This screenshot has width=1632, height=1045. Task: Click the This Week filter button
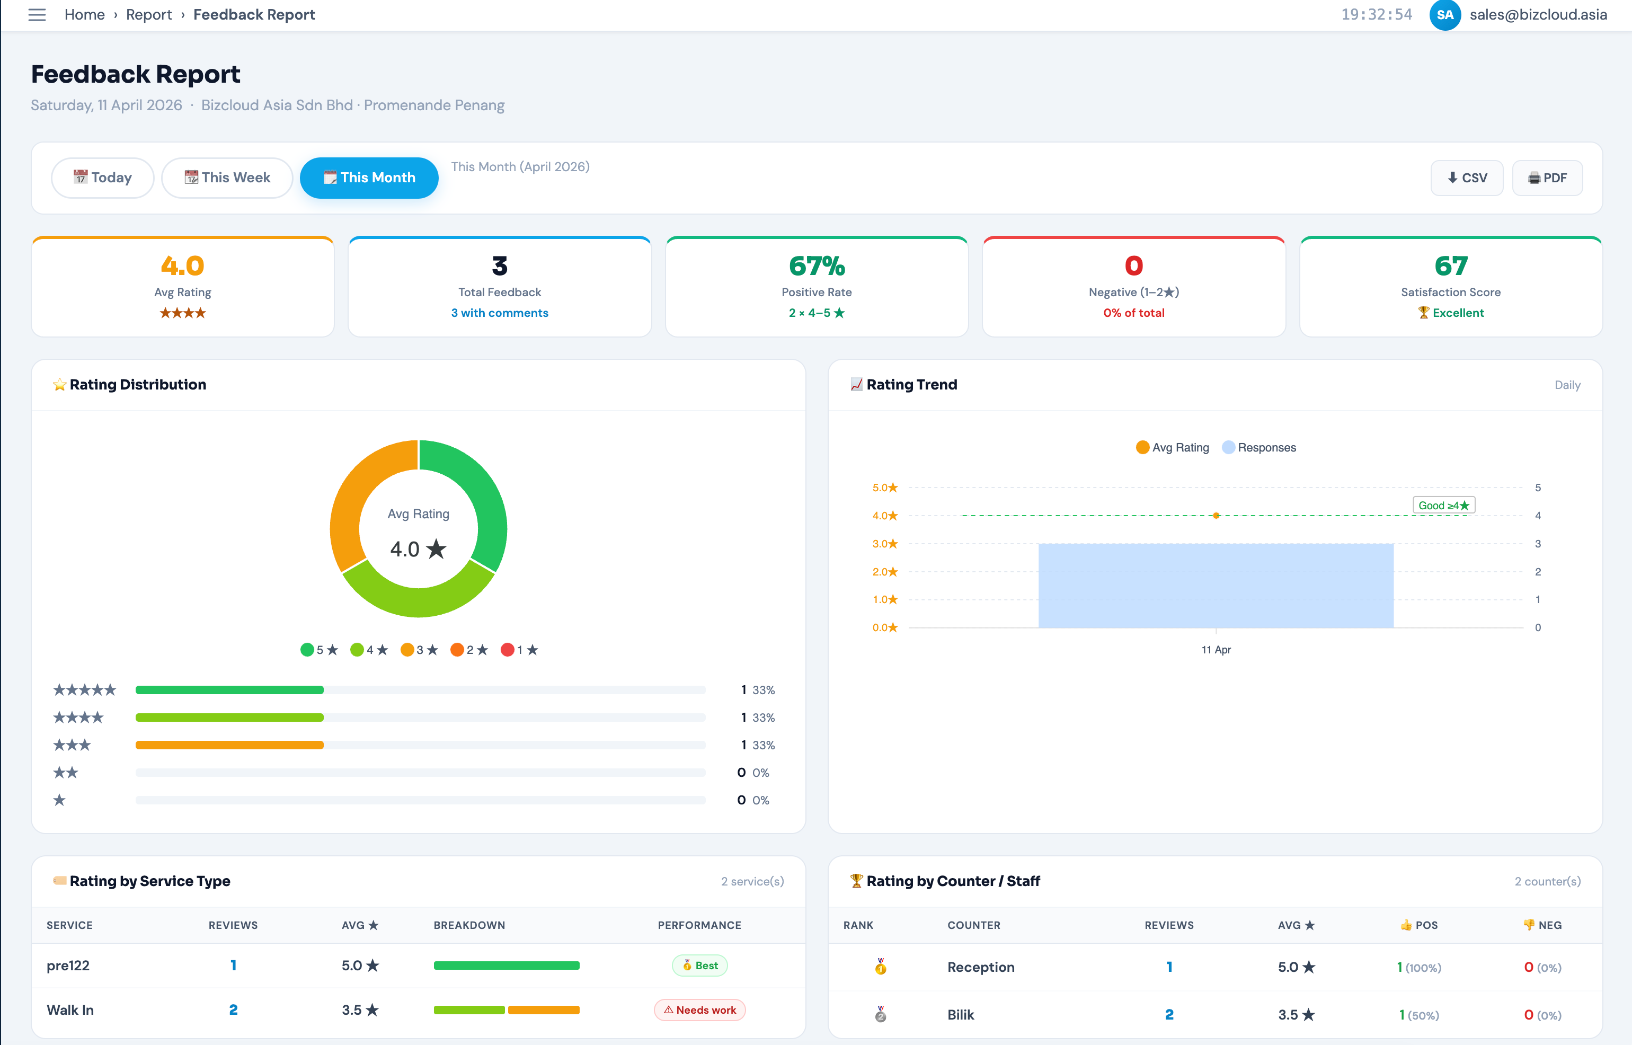(227, 178)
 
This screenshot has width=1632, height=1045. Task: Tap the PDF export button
(1547, 178)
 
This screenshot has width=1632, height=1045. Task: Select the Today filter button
(102, 178)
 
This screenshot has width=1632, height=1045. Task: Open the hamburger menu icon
(37, 14)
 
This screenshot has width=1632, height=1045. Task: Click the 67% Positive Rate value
(816, 266)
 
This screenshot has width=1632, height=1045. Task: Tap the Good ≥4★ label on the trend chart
(1443, 506)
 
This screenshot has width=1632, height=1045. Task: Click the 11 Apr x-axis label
(1215, 649)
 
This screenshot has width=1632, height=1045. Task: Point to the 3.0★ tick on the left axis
(884, 544)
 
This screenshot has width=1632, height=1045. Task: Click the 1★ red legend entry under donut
(519, 650)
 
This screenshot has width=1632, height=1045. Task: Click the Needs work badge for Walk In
(699, 1009)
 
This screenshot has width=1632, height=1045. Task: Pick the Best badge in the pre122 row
(699, 965)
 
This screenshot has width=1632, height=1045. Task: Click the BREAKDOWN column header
(469, 925)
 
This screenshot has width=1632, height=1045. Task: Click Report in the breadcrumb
(148, 14)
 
